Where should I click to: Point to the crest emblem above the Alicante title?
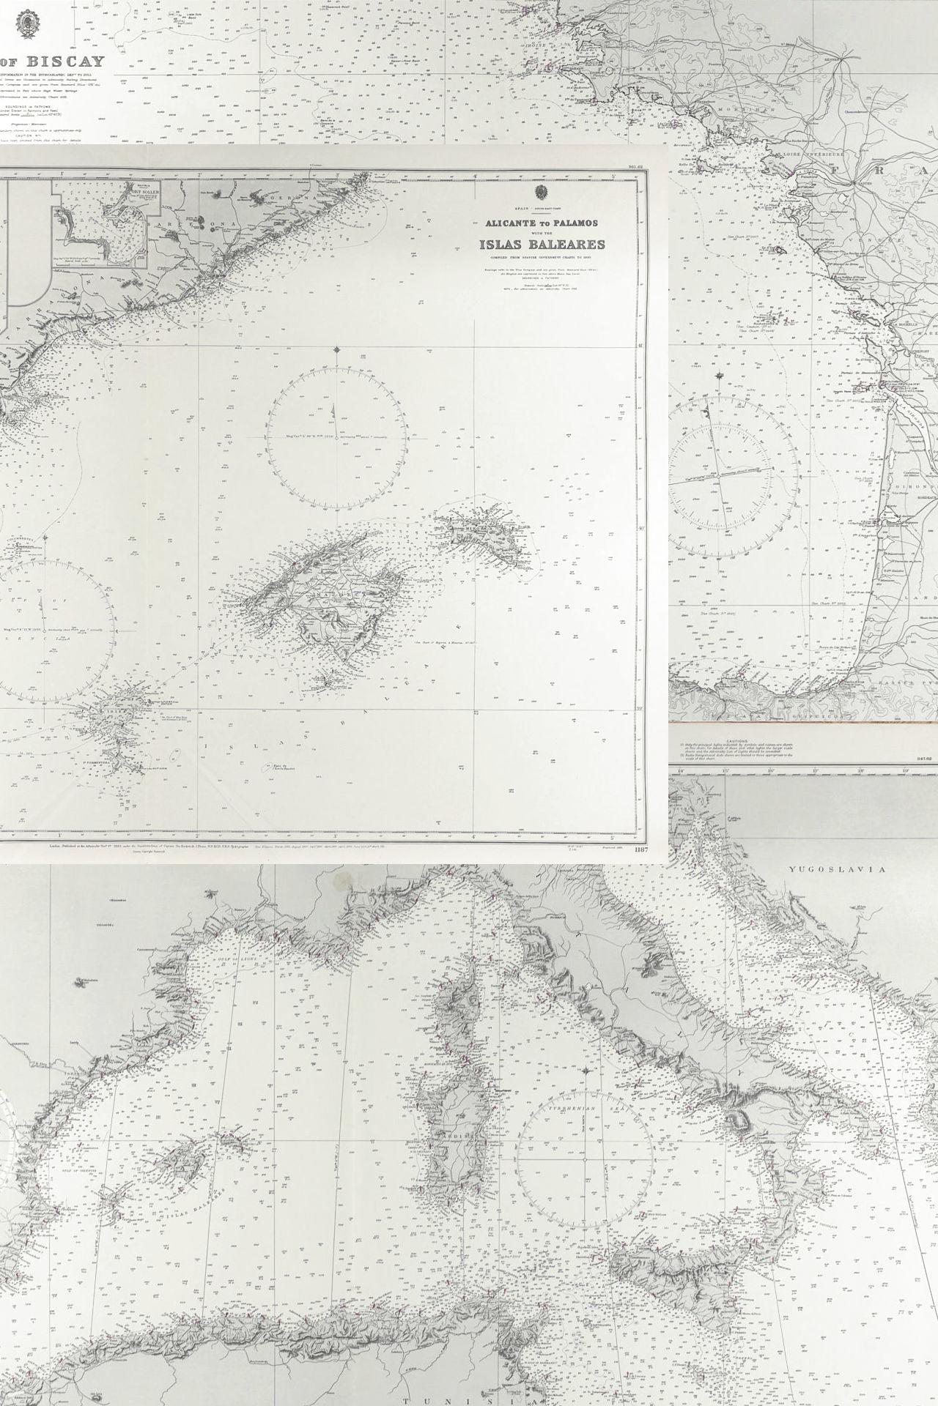[543, 193]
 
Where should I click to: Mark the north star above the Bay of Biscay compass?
[720, 376]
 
